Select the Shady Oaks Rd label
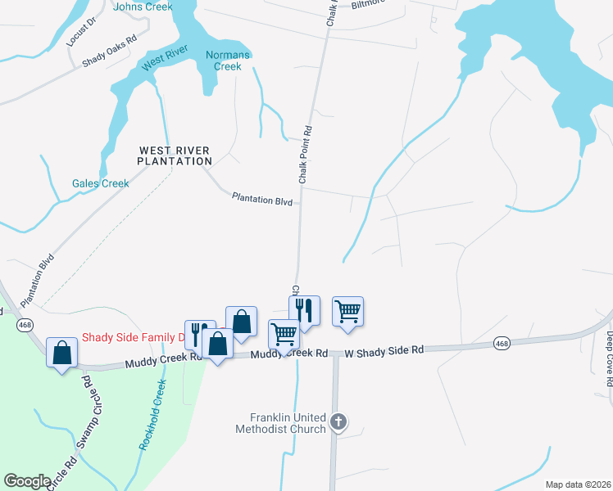[109, 51]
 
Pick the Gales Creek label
[100, 183]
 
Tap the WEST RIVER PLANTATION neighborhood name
[175, 155]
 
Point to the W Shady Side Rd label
[384, 349]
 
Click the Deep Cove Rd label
[610, 358]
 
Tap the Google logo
[27, 481]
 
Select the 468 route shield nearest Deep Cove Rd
[502, 345]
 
